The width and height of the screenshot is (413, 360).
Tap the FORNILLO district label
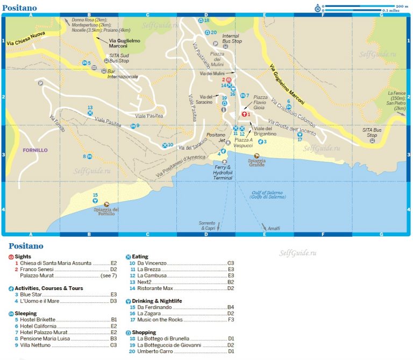point(35,150)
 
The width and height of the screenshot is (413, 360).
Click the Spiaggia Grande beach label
point(257,163)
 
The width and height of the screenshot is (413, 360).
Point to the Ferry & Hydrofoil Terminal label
point(222,172)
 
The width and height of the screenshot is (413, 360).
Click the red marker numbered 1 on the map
point(245,114)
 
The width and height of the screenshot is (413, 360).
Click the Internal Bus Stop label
point(232,39)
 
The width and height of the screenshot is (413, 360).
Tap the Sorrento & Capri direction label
point(208,225)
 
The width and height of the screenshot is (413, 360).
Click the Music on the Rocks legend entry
point(161,320)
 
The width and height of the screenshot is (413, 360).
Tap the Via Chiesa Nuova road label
point(26,41)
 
